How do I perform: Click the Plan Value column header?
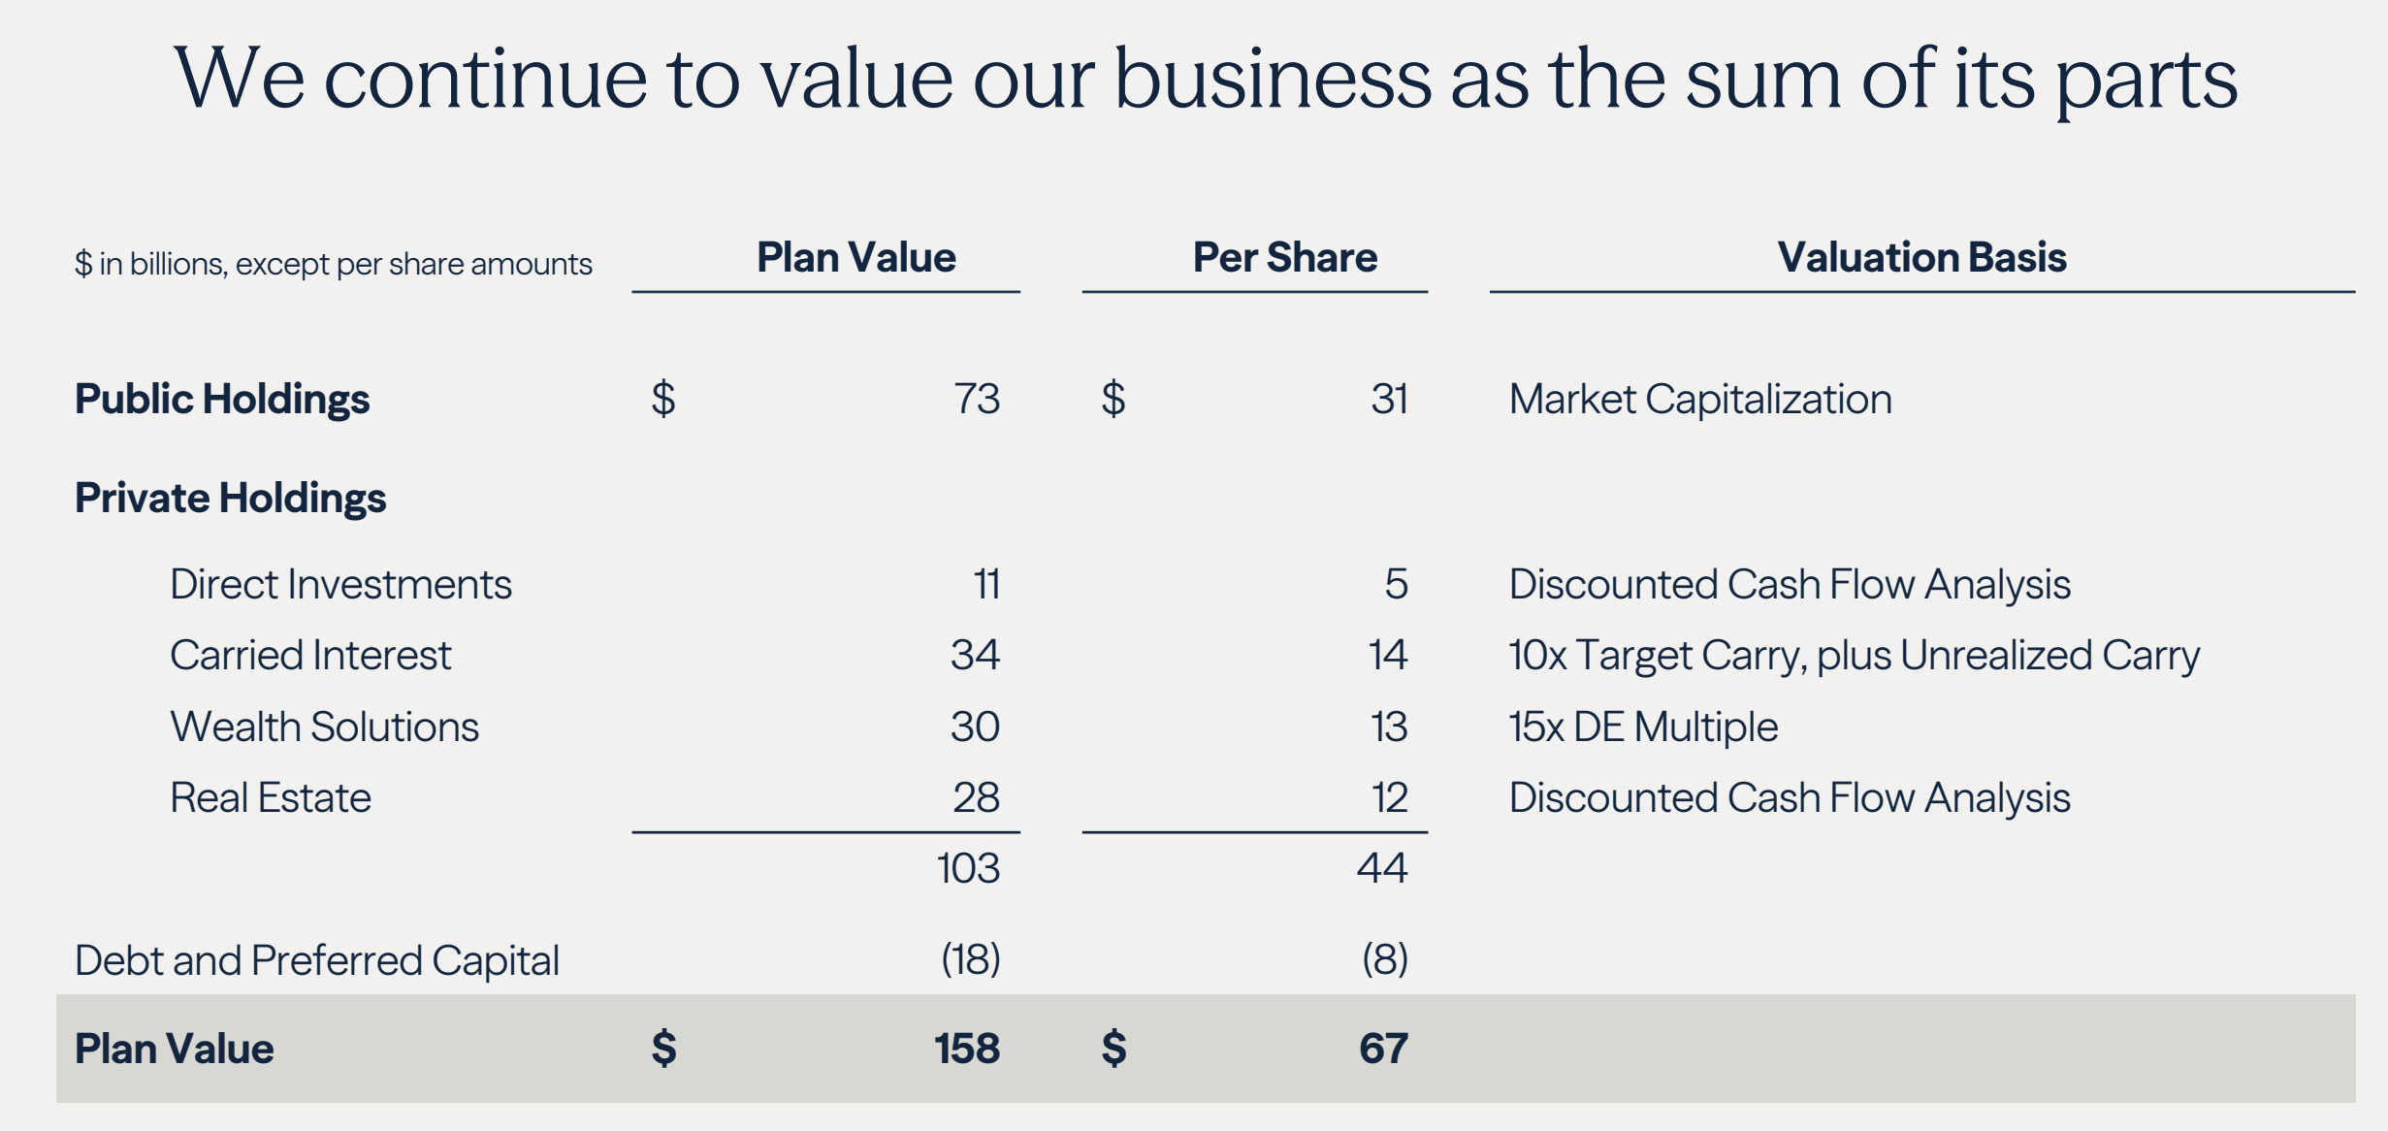(855, 257)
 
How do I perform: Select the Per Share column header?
(1284, 257)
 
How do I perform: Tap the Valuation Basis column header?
(1921, 257)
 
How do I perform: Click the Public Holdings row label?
(222, 399)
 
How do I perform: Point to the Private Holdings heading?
(231, 498)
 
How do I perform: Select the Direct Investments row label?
(340, 584)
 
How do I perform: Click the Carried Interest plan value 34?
(975, 655)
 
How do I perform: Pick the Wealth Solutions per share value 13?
(1389, 727)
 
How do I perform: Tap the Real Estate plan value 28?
(976, 797)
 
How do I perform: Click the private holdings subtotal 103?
(968, 868)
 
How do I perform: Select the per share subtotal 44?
(1382, 868)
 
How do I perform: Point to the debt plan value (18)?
(970, 959)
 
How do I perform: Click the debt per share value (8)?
(1384, 959)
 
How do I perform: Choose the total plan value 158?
(967, 1049)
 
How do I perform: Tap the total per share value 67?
(1383, 1049)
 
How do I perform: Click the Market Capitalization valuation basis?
(1700, 399)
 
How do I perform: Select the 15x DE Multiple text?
(1643, 727)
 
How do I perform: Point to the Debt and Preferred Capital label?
(317, 960)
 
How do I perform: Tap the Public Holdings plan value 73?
(977, 399)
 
